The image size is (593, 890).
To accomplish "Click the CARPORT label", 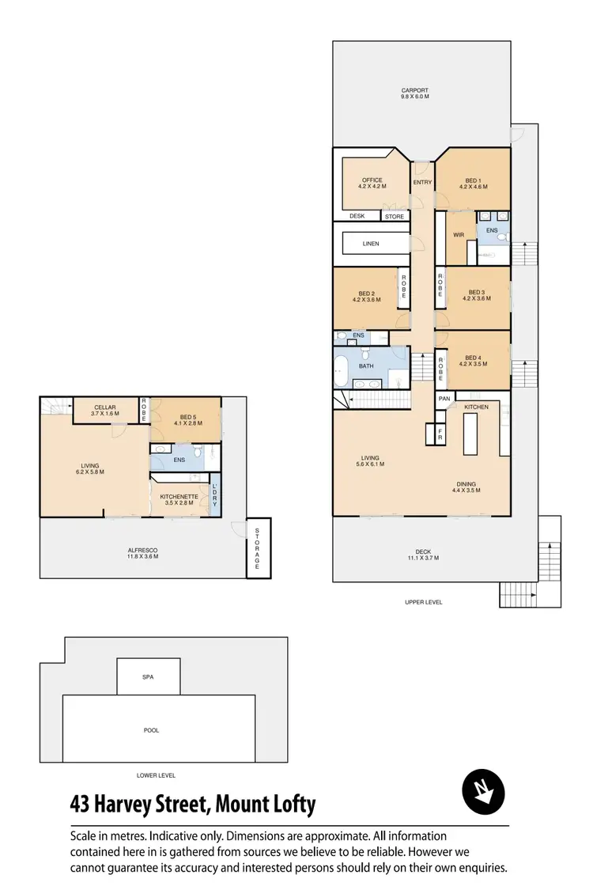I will click(414, 90).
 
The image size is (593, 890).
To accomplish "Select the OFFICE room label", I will click(372, 180).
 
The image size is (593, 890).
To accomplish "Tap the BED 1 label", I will click(473, 180).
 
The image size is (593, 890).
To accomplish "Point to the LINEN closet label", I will click(371, 244).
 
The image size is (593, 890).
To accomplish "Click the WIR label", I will click(458, 234).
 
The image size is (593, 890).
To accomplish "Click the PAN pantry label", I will click(444, 399).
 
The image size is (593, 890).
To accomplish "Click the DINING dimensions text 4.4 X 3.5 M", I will click(467, 490).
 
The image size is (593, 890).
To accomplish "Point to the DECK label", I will click(423, 551).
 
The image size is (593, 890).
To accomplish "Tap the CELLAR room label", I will click(104, 407).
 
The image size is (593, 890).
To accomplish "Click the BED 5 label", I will click(187, 417).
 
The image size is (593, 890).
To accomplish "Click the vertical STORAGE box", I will click(258, 548).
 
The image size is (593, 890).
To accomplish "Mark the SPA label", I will click(148, 677).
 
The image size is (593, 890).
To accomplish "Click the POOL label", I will click(151, 730).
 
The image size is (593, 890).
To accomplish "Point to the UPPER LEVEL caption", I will click(423, 602).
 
